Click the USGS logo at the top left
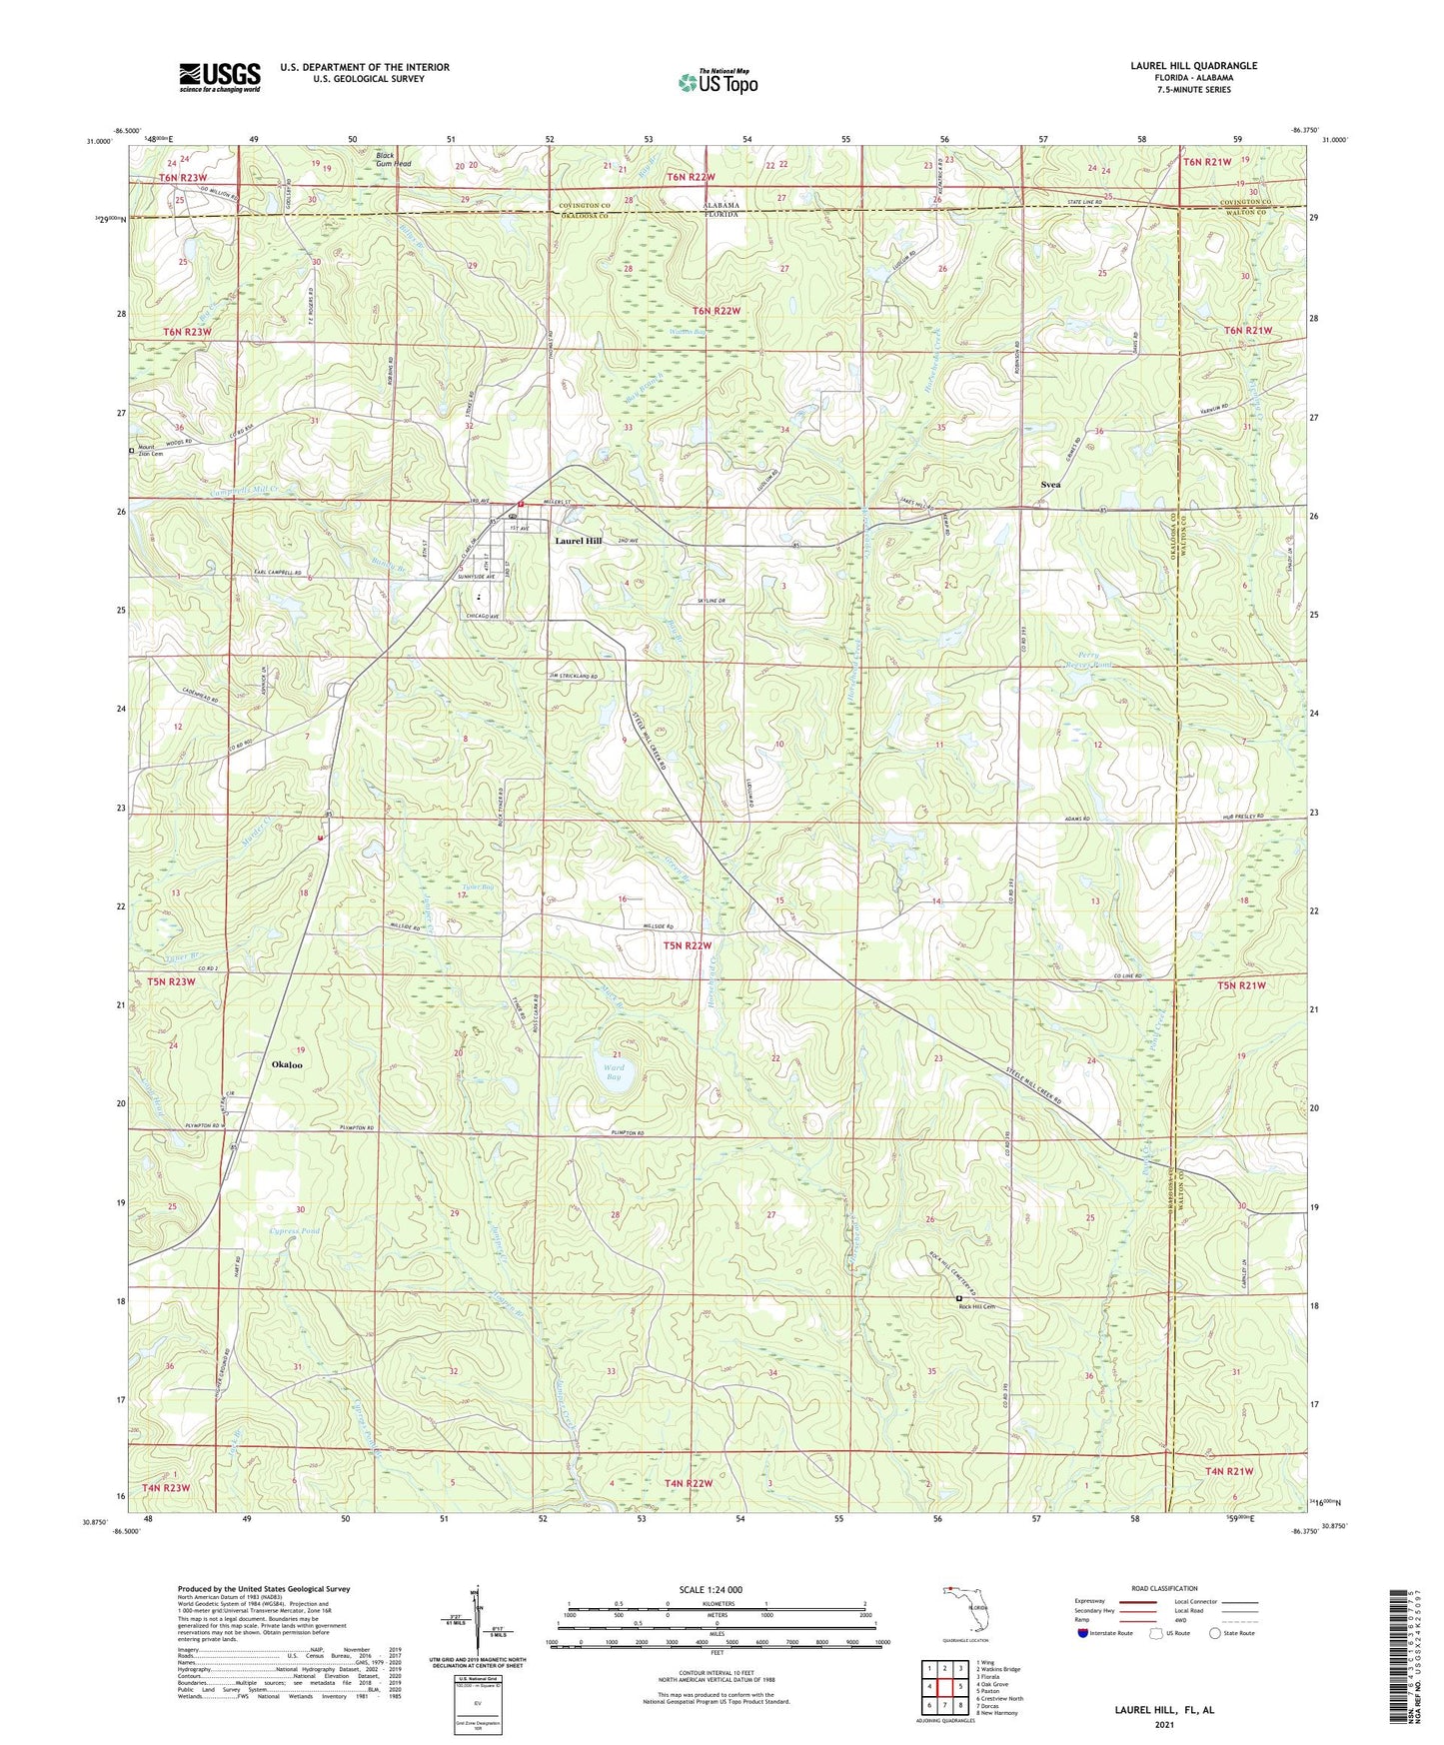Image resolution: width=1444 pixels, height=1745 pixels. (x=220, y=77)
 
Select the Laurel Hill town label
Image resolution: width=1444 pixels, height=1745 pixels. (x=579, y=541)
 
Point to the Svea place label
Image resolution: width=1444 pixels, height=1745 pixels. (x=1049, y=484)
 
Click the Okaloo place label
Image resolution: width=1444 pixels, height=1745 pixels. (x=287, y=1064)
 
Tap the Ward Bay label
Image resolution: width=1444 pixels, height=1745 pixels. (x=614, y=1072)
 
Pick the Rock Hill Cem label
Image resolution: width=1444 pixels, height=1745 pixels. (x=977, y=1306)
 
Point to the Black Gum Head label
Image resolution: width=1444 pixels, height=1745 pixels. (x=393, y=159)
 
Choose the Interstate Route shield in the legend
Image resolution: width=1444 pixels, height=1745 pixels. (x=1084, y=1634)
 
